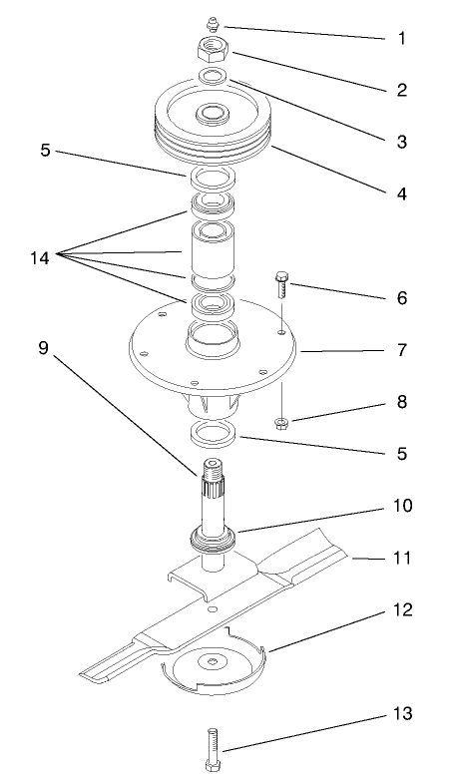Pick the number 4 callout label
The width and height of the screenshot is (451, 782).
pyautogui.click(x=401, y=194)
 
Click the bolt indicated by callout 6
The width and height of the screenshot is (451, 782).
pyautogui.click(x=282, y=290)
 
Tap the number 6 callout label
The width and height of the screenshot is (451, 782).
pyautogui.click(x=401, y=298)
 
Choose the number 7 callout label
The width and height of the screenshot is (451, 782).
pyautogui.click(x=401, y=351)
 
